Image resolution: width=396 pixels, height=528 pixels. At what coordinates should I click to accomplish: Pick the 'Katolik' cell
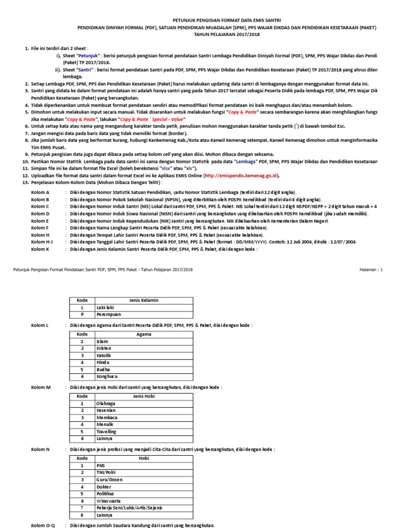click(105, 356)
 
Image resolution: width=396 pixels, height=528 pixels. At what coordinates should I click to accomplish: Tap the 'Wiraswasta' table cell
click(109, 500)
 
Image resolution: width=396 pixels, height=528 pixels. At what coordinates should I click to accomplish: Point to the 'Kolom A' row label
click(40, 191)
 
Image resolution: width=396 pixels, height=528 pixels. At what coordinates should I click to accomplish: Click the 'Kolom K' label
click(40, 249)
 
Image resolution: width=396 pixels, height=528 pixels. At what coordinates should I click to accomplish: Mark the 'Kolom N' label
click(40, 449)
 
